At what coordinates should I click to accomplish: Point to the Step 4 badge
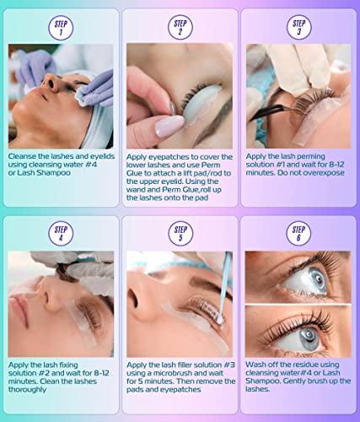61,232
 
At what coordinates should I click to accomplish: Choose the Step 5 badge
180,232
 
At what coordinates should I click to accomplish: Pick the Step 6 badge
298,232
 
